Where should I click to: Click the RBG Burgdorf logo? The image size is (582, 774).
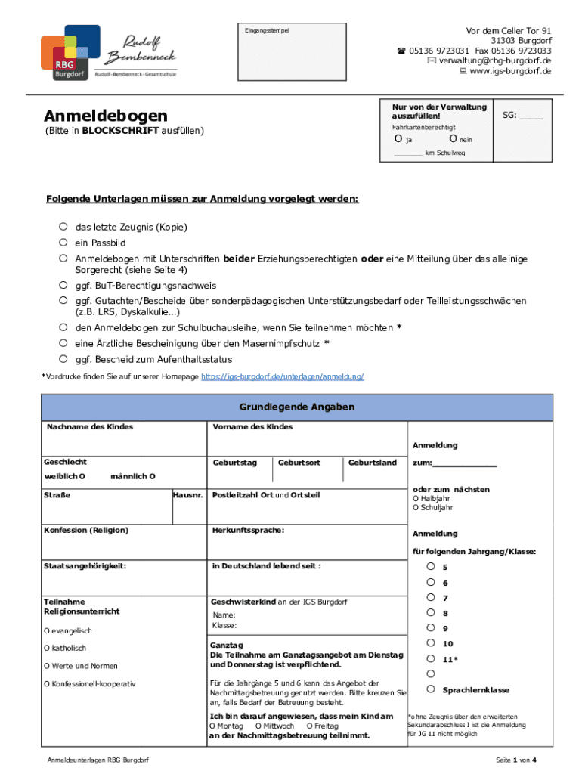(x=70, y=53)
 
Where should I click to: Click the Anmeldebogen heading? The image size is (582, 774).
(x=105, y=116)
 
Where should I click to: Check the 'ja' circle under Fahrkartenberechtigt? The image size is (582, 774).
(x=398, y=139)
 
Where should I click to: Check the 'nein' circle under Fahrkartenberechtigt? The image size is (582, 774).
(x=452, y=139)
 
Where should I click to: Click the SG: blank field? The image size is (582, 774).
(x=531, y=116)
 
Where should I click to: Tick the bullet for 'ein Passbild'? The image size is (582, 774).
(x=64, y=243)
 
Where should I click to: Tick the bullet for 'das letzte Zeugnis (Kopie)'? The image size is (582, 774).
(x=64, y=227)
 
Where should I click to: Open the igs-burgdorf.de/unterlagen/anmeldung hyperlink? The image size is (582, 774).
(x=283, y=376)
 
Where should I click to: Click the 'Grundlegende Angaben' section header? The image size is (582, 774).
(x=297, y=407)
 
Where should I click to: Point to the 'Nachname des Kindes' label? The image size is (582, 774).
(x=90, y=427)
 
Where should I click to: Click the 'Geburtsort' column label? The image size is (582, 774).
(x=299, y=462)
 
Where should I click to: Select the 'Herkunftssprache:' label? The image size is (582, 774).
(x=248, y=530)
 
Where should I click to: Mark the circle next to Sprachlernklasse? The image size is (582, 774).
(x=430, y=689)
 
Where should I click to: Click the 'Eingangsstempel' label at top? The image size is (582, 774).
(x=267, y=30)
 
